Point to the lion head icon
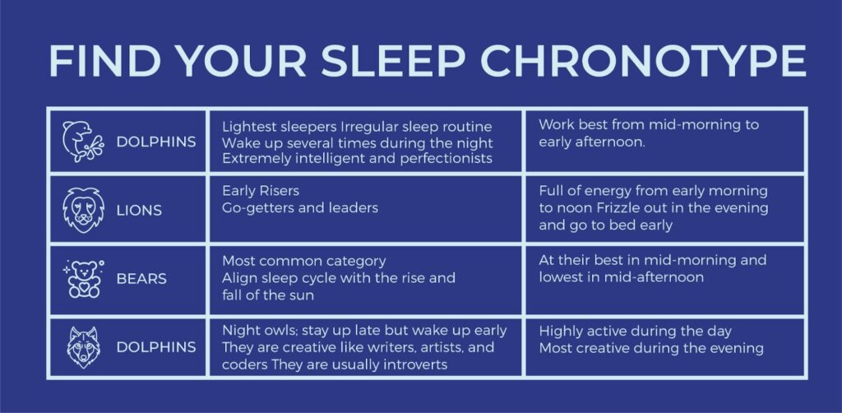pyautogui.click(x=83, y=210)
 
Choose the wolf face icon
pyautogui.click(x=83, y=347)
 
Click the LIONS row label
pyautogui.click(x=138, y=211)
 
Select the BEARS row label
pyautogui.click(x=141, y=279)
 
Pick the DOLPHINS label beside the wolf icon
pyautogui.click(x=156, y=347)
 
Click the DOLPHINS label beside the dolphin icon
pyautogui.click(x=156, y=142)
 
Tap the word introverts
pyautogui.click(x=415, y=364)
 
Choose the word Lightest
pyautogui.click(x=246, y=127)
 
